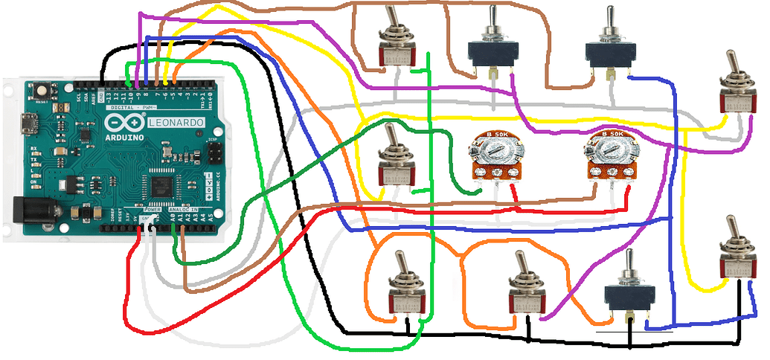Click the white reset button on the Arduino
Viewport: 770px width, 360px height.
[38, 89]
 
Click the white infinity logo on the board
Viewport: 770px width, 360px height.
[126, 122]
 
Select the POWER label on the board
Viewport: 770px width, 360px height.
[152, 209]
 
